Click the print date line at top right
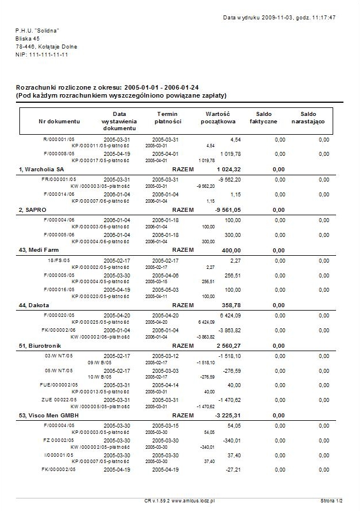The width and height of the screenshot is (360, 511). click(x=279, y=18)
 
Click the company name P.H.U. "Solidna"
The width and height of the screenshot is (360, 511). click(x=38, y=30)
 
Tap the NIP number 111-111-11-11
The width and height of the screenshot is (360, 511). click(x=42, y=54)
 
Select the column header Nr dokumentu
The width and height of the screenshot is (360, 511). click(x=59, y=121)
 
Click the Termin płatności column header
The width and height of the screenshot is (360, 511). click(x=169, y=118)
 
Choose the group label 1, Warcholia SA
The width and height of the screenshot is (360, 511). click(x=41, y=170)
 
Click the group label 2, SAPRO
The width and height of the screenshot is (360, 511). click(x=32, y=210)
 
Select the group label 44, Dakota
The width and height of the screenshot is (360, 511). click(x=34, y=305)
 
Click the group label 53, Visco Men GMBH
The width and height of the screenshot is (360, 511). click(x=48, y=414)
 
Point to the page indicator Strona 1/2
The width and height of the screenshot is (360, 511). click(x=331, y=500)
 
